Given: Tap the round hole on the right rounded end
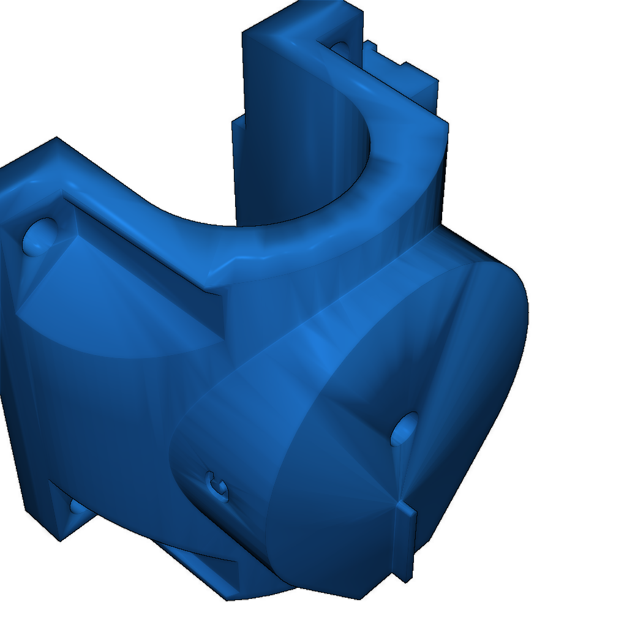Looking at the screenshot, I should (404, 429).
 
